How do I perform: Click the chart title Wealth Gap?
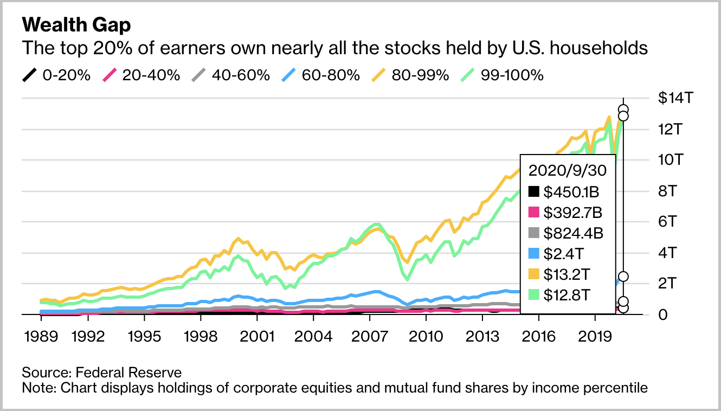coord(76,25)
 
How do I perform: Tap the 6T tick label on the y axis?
coord(668,222)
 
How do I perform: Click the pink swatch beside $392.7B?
coord(534,212)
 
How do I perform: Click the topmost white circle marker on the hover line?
coord(623,110)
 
